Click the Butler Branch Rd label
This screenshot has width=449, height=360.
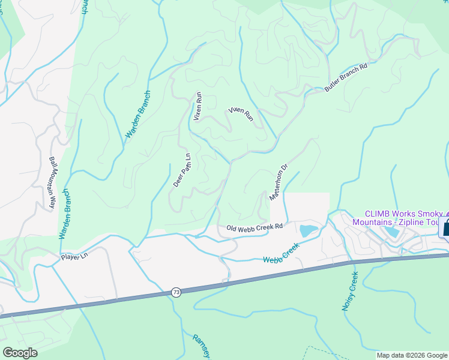tap(346, 77)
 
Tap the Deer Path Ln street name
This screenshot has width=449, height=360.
tap(182, 170)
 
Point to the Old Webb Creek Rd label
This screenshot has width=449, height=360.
tap(255, 227)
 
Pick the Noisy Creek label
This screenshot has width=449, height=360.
tap(350, 292)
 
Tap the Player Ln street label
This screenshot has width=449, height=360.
tap(74, 256)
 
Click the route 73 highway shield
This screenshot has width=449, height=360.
tap(175, 292)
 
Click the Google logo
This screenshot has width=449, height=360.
tap(20, 353)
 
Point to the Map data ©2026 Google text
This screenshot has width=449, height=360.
tap(412, 355)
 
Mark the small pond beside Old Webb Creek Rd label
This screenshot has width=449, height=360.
tap(307, 230)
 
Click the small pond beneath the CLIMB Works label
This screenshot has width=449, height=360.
tap(391, 231)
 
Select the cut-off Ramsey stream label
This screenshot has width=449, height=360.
tap(200, 346)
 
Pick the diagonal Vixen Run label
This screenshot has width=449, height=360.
tap(241, 115)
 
